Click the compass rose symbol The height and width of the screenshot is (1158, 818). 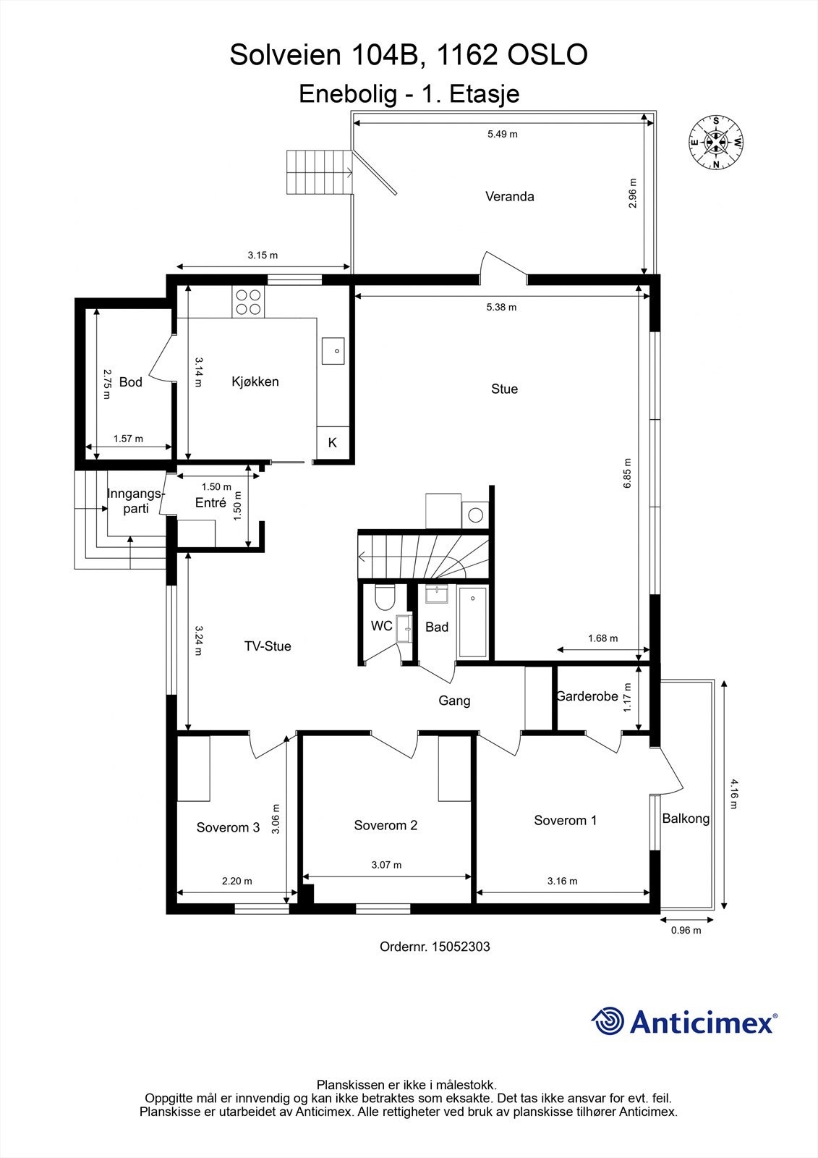point(715,143)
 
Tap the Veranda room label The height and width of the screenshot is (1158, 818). point(509,196)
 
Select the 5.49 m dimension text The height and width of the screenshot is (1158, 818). point(502,134)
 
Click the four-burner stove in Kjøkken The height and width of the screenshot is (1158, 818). point(248,302)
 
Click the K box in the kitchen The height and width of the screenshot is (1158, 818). point(333,443)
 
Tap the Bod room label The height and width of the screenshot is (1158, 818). point(131,382)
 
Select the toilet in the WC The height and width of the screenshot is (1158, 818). point(384,597)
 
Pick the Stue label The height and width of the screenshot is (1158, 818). point(504,389)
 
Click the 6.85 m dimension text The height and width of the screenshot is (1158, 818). point(627,473)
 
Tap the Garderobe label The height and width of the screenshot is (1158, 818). point(587,696)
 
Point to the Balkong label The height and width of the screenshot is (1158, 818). point(686,819)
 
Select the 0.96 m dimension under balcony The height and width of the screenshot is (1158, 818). point(686,931)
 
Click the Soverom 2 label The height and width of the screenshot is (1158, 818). point(385,825)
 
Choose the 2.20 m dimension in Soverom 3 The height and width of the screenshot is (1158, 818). point(237,881)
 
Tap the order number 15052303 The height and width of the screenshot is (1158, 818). point(460,946)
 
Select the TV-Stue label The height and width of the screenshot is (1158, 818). point(268,646)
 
